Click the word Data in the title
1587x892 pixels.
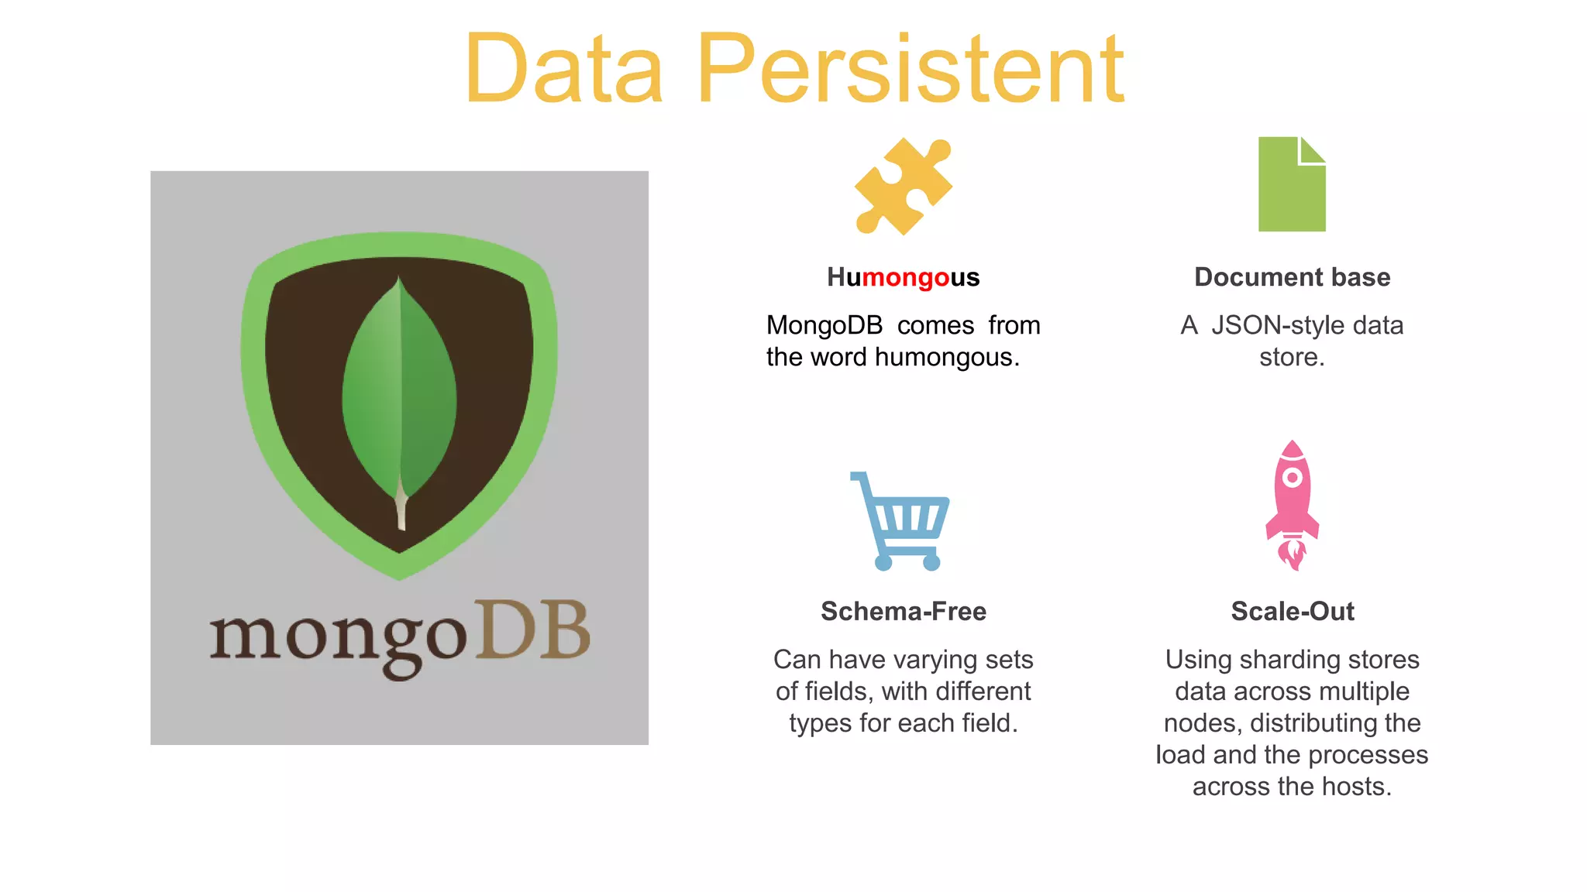coord(564,70)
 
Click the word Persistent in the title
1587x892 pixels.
coord(911,70)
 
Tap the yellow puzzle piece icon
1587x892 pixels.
coord(904,186)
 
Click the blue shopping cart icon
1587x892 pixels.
coord(901,523)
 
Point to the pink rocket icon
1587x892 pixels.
coord(1292,503)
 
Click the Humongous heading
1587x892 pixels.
coord(903,277)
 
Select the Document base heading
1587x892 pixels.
coord(1292,277)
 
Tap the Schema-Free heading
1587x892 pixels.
coord(903,612)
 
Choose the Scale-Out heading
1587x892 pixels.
coord(1292,612)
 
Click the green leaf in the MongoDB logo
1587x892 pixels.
coord(399,387)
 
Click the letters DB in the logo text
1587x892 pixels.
coord(533,631)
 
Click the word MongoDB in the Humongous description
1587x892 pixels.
coord(824,325)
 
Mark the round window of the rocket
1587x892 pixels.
coord(1292,478)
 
